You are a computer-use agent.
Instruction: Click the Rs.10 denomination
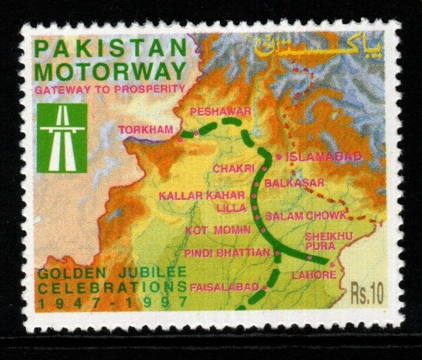tap(367, 292)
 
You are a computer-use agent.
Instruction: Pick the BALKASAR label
tap(292, 183)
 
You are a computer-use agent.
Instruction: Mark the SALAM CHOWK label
tap(306, 216)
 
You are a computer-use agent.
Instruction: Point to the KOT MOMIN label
tap(210, 230)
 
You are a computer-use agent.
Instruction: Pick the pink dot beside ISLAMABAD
tap(277, 157)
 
